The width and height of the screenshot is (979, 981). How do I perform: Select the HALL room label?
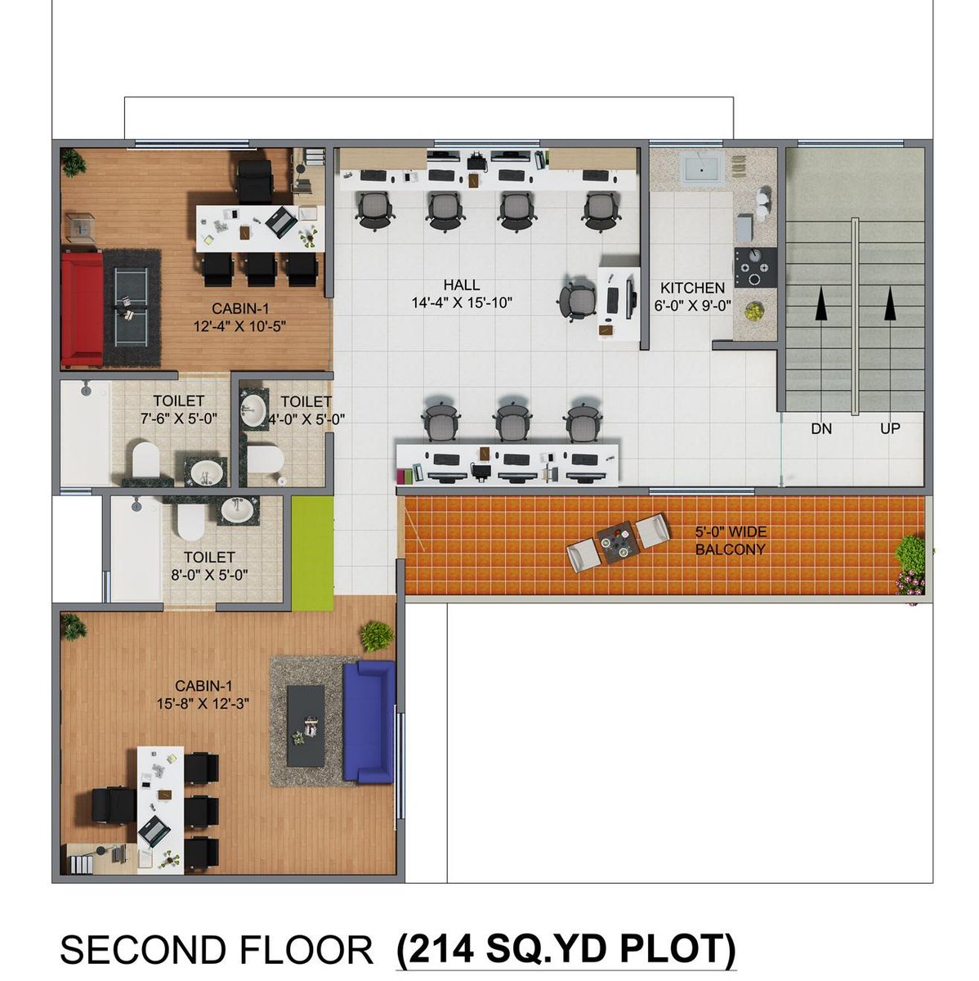[461, 284]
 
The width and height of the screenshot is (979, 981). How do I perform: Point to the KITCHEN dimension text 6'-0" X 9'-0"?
[692, 306]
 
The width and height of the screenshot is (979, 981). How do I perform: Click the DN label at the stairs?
[820, 429]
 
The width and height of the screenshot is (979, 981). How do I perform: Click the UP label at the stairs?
[890, 428]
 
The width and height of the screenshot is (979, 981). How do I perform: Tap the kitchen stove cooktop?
[756, 267]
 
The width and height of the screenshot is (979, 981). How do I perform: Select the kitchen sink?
[700, 168]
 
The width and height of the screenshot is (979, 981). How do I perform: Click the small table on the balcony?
[618, 543]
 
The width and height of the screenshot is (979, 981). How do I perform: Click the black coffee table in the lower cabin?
[306, 725]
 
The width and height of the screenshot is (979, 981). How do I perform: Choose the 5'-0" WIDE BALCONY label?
[731, 540]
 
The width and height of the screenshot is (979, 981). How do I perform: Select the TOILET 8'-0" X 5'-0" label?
[209, 566]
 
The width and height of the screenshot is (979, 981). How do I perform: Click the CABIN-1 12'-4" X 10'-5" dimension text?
[239, 326]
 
